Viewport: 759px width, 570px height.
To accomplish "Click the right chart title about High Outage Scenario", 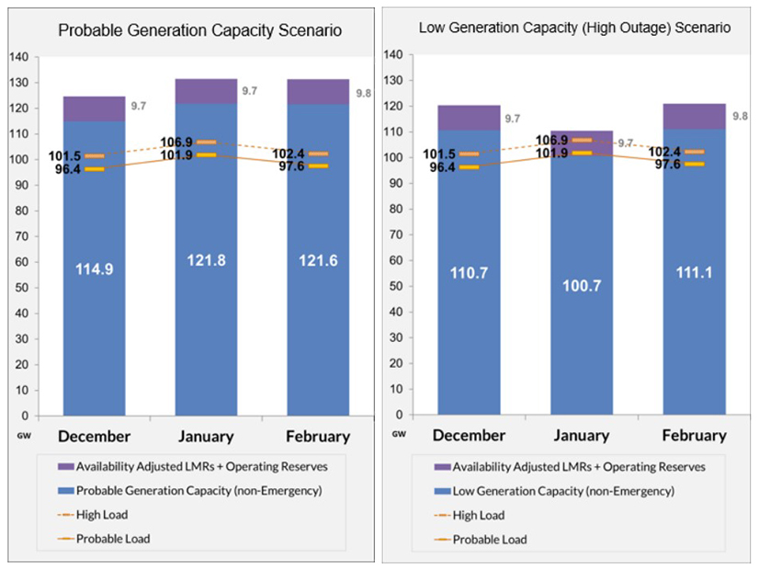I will click(574, 28).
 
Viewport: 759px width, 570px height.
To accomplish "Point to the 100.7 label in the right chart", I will click(581, 285).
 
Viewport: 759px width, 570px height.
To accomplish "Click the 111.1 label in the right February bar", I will click(694, 273).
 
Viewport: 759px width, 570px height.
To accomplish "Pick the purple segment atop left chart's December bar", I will click(94, 108).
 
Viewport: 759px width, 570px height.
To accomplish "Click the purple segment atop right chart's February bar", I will click(694, 116).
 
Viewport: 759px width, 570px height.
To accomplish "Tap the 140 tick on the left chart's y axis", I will click(19, 57).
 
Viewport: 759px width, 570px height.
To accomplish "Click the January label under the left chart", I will click(206, 436).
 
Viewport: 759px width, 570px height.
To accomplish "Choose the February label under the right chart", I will click(694, 435).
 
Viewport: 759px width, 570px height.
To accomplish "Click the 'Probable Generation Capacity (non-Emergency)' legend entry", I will click(198, 491).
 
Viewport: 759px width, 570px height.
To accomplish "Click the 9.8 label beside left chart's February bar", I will click(365, 93).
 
